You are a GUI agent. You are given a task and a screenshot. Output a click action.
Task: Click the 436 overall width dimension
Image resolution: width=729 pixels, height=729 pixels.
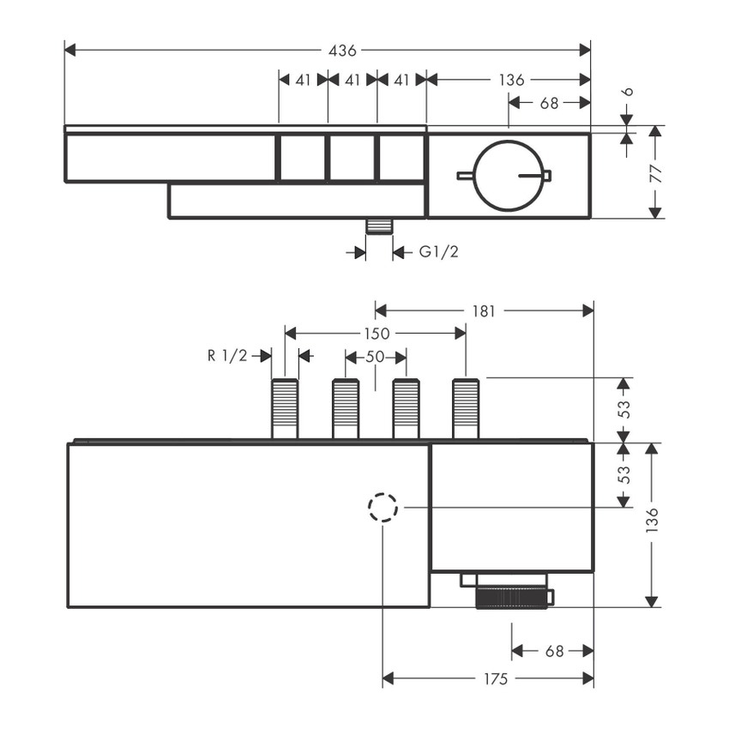pyautogui.click(x=342, y=51)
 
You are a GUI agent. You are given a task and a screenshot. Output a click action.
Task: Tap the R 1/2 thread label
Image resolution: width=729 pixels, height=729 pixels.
pyautogui.click(x=227, y=356)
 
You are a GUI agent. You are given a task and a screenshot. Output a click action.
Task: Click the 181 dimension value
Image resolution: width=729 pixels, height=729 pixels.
pyautogui.click(x=484, y=310)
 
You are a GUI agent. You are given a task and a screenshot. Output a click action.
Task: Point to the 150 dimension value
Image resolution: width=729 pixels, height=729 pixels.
pyautogui.click(x=377, y=333)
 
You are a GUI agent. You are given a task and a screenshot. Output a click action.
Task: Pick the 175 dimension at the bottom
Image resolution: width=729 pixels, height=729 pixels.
pyautogui.click(x=494, y=679)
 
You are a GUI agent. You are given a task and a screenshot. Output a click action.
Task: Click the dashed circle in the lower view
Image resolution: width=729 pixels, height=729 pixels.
pyautogui.click(x=383, y=508)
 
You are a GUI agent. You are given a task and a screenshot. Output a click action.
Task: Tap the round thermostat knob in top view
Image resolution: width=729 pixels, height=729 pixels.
pyautogui.click(x=509, y=175)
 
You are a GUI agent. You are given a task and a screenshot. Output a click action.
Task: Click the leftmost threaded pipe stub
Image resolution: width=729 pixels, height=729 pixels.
pyautogui.click(x=285, y=409)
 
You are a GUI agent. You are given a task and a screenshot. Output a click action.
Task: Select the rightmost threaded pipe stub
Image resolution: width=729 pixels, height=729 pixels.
pyautogui.click(x=465, y=409)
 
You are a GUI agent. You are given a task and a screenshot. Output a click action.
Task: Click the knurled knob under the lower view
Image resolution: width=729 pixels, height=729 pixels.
pyautogui.click(x=511, y=598)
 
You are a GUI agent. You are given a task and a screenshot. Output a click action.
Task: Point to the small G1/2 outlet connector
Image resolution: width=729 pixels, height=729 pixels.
pyautogui.click(x=378, y=226)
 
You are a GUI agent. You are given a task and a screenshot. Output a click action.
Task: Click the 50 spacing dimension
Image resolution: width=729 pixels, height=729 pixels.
pyautogui.click(x=375, y=356)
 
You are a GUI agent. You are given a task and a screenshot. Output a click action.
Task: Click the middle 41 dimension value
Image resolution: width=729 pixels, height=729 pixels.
pyautogui.click(x=352, y=80)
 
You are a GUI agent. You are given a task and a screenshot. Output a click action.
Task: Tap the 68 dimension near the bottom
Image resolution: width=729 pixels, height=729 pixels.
pyautogui.click(x=555, y=651)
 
